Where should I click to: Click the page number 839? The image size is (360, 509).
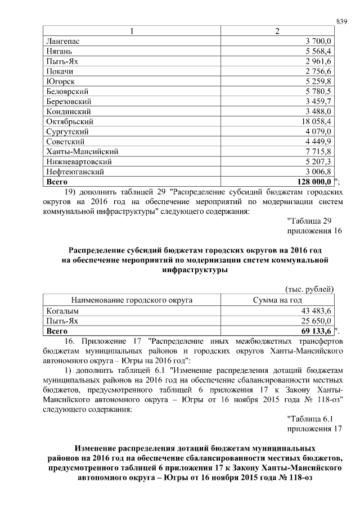point(341,21)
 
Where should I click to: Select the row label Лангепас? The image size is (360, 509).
point(61,41)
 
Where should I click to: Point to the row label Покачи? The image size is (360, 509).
point(59,71)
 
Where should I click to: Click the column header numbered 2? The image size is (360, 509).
point(277,31)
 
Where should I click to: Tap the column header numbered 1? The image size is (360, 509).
point(132,31)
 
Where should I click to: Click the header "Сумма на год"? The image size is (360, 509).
point(277,300)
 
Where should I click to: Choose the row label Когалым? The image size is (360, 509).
point(61,311)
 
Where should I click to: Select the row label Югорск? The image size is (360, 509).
point(59,81)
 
